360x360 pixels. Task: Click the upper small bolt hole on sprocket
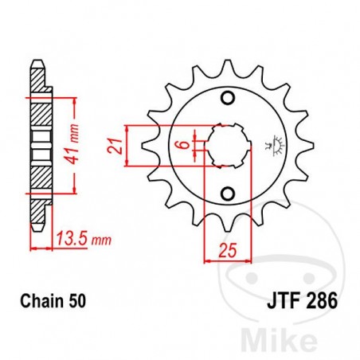pos(229,98)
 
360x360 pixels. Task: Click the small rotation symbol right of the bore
pos(257,145)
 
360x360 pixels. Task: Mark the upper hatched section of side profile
pos(38,112)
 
